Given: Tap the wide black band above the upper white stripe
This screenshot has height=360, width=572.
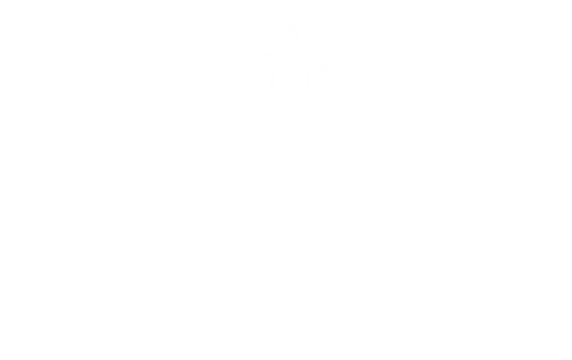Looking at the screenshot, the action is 460,26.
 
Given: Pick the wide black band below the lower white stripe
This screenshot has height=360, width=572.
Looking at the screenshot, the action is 460,140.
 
